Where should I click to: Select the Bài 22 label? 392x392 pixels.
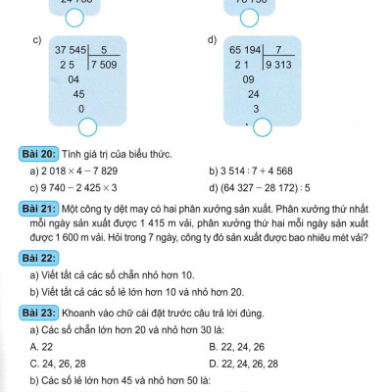click(x=37, y=257)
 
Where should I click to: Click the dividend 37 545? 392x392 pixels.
click(x=72, y=48)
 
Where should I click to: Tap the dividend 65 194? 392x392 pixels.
click(x=247, y=48)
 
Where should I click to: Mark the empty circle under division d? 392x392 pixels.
click(x=262, y=127)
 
